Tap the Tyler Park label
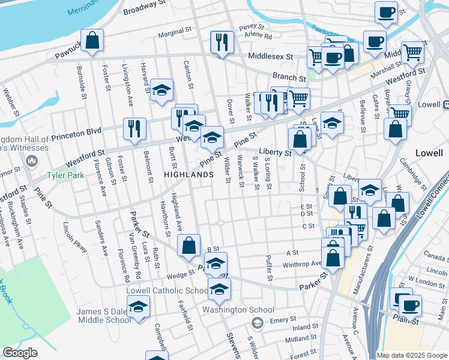[68, 177]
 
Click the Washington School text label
[238, 310]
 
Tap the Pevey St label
[252, 27]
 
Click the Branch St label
[285, 77]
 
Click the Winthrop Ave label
[302, 263]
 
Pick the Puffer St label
[269, 268]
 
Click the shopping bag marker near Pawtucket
[92, 40]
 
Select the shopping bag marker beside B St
[189, 245]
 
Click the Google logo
[20, 353]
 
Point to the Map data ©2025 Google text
[412, 355]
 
